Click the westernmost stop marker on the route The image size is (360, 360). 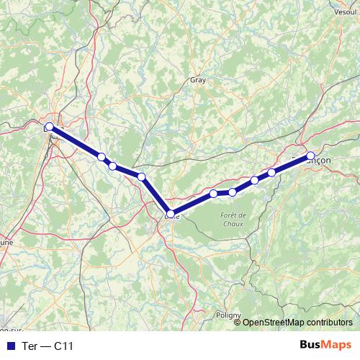point(49,127)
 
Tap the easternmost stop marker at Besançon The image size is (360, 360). point(311,156)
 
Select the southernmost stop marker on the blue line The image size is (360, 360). point(171,213)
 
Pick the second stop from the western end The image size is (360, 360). point(102,157)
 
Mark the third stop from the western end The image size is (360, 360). point(113,166)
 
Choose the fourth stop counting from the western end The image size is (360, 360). point(142,177)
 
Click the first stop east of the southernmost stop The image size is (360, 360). point(214,194)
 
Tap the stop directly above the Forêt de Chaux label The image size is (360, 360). point(233,192)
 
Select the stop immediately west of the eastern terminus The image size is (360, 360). point(271,172)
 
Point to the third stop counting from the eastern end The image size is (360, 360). point(255,180)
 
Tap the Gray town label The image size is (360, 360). point(197,81)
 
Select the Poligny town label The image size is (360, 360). point(228,315)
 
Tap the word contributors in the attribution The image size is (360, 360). point(330,323)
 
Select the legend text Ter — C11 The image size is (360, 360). point(48,346)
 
